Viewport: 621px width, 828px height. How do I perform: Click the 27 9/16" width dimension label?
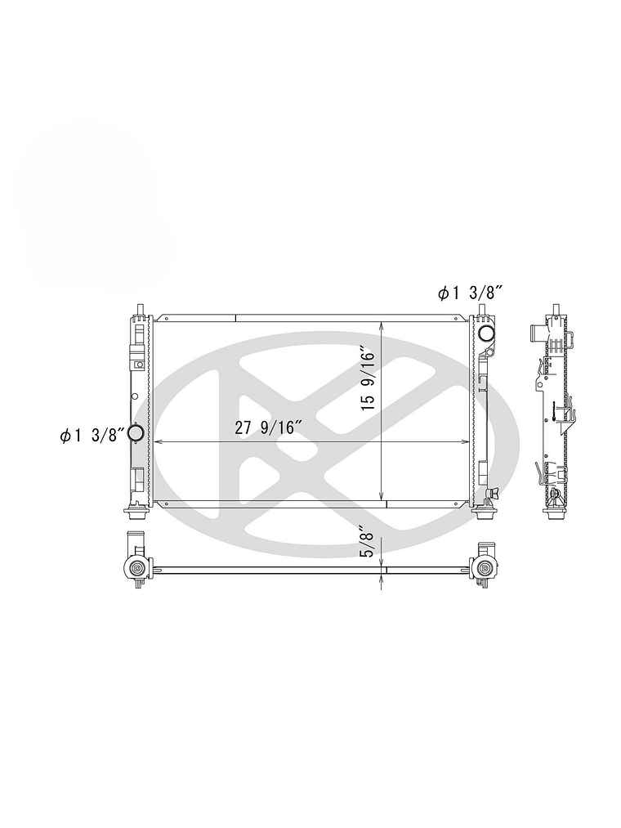click(x=268, y=427)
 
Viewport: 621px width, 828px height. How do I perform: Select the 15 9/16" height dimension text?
click(x=368, y=378)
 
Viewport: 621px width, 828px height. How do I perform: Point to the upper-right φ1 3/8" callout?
click(x=468, y=293)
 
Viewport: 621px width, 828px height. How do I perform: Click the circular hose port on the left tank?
click(x=136, y=433)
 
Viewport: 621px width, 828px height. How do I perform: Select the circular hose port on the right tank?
click(x=485, y=333)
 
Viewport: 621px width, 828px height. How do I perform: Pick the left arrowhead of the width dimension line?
click(x=158, y=441)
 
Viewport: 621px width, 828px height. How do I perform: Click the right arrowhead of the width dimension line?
click(x=465, y=441)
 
